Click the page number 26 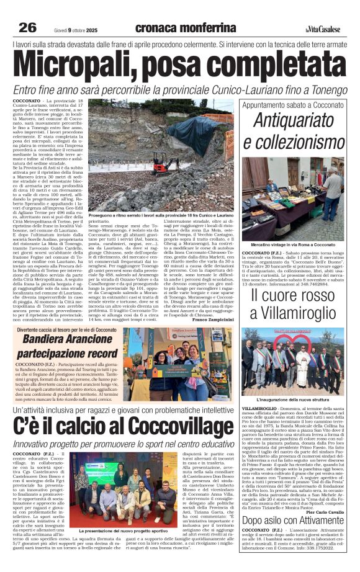(28, 27)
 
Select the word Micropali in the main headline (93, 63)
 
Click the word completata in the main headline (269, 63)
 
